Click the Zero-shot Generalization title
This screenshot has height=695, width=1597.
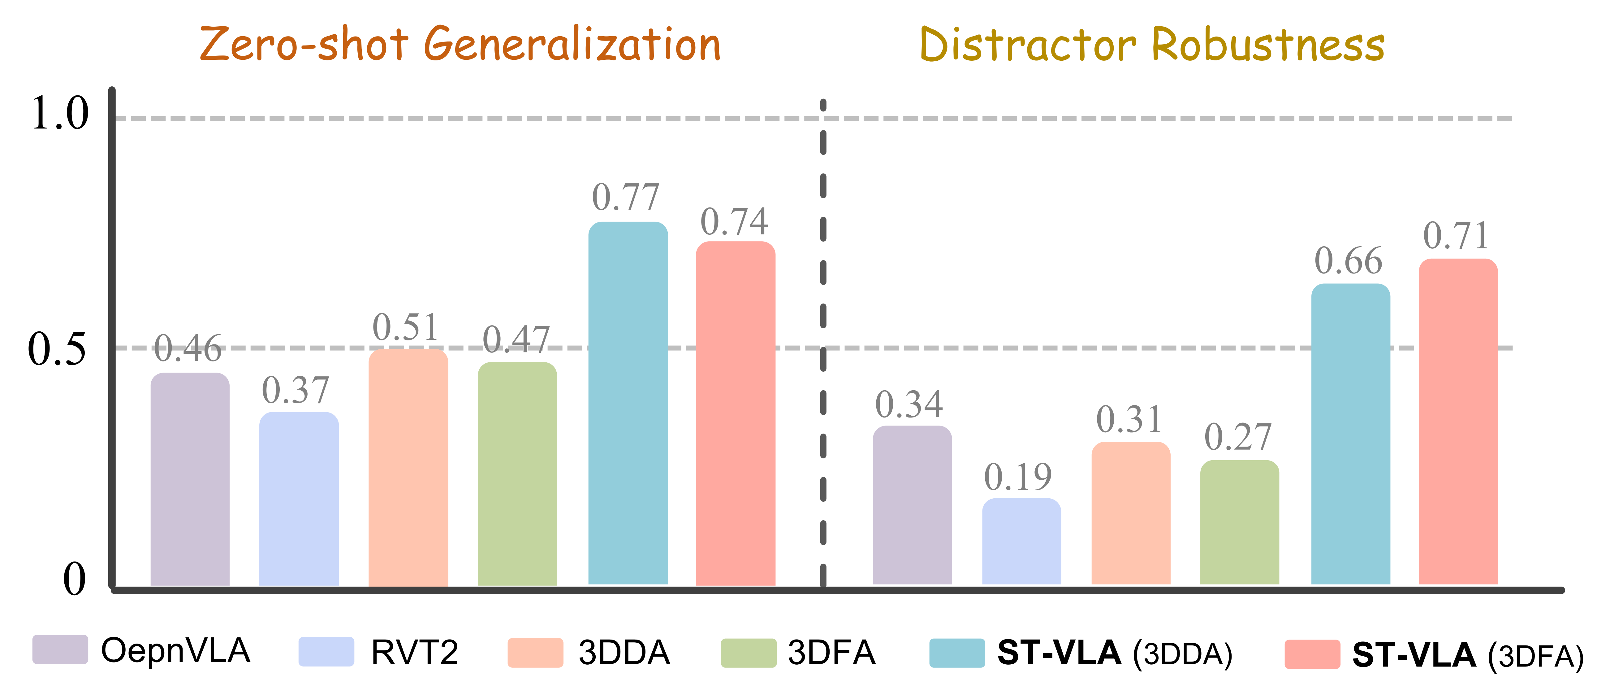click(x=460, y=45)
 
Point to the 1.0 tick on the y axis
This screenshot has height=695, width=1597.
click(x=60, y=114)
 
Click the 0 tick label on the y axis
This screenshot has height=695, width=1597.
click(x=74, y=579)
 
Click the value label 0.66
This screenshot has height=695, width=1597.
click(x=1349, y=261)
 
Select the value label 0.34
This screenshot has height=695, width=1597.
click(x=909, y=404)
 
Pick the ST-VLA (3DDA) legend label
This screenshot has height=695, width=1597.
click(x=1114, y=653)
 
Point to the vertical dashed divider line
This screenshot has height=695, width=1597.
click(x=823, y=341)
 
